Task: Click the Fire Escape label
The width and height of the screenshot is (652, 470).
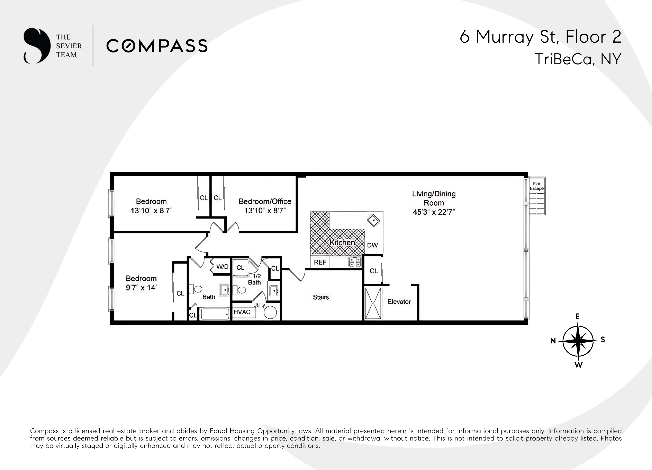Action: tap(536, 186)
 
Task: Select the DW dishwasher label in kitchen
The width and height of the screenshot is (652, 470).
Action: tap(372, 245)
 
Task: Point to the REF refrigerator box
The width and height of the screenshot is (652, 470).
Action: tap(320, 262)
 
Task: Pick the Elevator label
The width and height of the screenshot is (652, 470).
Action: tap(399, 302)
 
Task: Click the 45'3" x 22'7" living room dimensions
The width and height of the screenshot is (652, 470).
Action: tap(434, 212)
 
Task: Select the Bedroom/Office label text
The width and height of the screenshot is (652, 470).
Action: tap(265, 202)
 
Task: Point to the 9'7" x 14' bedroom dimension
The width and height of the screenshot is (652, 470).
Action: tap(141, 288)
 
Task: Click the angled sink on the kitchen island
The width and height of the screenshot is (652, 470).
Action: tap(373, 221)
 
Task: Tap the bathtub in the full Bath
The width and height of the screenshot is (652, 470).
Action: tap(215, 314)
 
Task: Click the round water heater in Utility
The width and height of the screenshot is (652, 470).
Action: tap(270, 312)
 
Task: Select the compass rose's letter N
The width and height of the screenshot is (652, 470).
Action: tap(553, 341)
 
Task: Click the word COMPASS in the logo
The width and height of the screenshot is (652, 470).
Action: tap(157, 46)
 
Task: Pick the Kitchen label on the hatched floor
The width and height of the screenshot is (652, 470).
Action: tap(342, 243)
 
